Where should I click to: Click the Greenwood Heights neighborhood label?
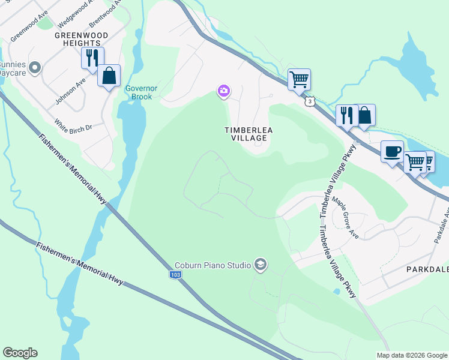77,39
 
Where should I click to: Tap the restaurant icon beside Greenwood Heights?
92,58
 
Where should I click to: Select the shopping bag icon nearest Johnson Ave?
109,76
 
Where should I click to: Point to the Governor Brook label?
141,92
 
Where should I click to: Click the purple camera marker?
223,91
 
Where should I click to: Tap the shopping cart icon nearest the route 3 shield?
299,79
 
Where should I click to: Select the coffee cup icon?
392,151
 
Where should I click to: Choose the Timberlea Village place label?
246,133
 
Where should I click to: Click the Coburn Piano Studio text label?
212,264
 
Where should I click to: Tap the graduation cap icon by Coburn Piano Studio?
260,264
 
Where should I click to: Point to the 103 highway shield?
175,274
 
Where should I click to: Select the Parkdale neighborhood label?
427,269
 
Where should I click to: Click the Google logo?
20,353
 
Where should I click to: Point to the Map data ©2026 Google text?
411,355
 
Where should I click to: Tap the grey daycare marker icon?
35,68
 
